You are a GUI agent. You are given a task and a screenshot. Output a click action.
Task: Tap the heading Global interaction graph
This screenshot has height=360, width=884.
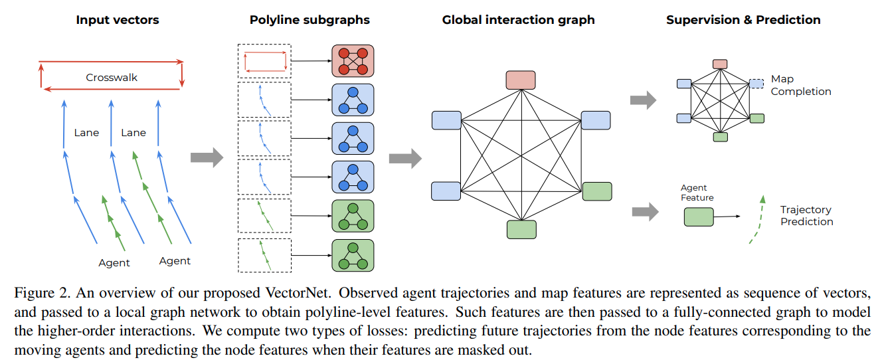click(x=518, y=20)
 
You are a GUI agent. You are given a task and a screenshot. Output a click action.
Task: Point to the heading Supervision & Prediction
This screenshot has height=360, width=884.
click(x=743, y=20)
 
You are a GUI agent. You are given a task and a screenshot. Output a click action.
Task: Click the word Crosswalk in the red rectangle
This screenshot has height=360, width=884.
click(x=112, y=78)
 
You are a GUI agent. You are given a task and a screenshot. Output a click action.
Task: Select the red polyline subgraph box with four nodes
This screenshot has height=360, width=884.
click(x=353, y=61)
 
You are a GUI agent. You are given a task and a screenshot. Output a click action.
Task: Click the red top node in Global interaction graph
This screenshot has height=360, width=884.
click(x=520, y=80)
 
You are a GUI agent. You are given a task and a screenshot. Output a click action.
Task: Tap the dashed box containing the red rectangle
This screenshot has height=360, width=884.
click(x=264, y=61)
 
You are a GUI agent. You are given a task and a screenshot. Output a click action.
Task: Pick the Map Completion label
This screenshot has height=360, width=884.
click(x=800, y=86)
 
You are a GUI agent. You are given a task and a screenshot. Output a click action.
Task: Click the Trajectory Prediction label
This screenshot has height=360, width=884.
click(x=806, y=216)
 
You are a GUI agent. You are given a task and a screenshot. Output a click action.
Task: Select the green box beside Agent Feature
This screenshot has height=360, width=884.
click(x=699, y=217)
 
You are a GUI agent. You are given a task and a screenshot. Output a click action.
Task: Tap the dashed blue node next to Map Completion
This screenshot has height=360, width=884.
click(x=756, y=83)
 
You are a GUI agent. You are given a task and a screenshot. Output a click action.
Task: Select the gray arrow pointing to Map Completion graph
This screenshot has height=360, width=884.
click(x=642, y=101)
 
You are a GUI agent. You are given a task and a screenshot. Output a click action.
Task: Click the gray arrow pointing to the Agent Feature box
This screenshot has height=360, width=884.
click(x=644, y=213)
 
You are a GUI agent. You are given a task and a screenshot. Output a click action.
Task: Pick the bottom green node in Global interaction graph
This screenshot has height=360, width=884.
click(x=521, y=229)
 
